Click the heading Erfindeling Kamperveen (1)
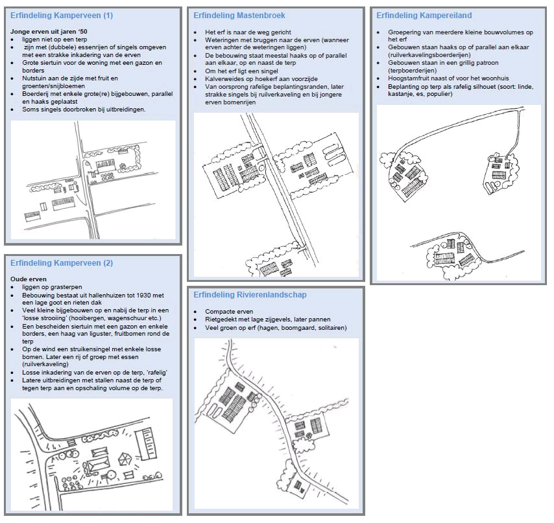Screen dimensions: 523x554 (62, 15)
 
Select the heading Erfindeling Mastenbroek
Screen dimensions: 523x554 (239, 15)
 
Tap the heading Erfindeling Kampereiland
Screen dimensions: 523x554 (424, 15)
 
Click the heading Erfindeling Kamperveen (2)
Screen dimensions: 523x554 (62, 263)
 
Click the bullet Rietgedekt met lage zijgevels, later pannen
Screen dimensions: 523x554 (267, 319)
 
